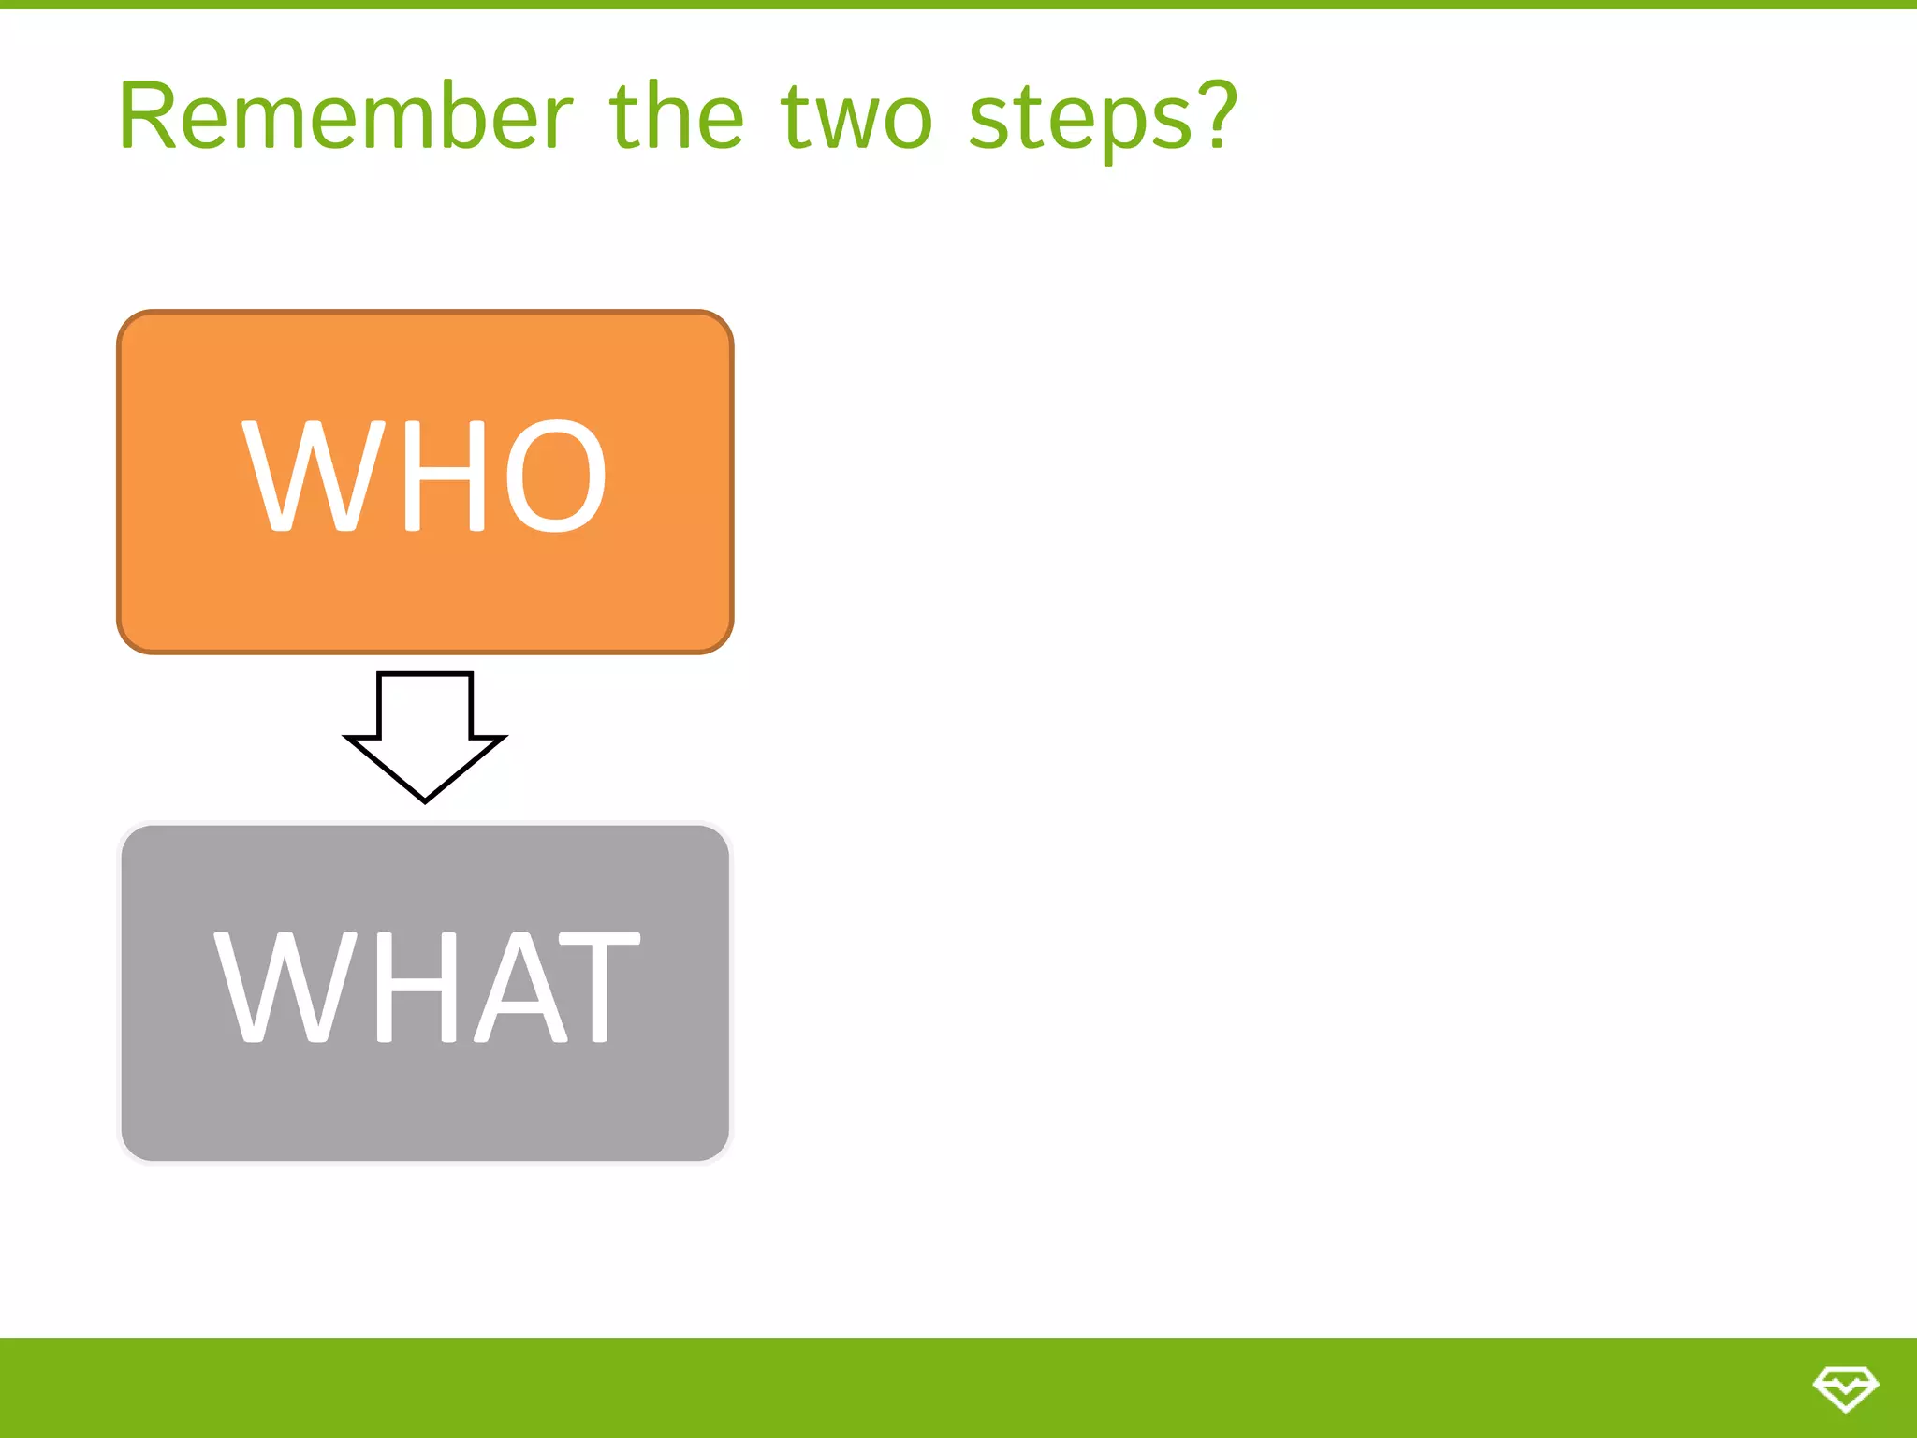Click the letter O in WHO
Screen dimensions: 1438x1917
(x=556, y=476)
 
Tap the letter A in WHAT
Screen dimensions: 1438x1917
(x=520, y=987)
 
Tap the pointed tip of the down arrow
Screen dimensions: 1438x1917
(x=425, y=798)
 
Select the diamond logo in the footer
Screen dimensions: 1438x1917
(x=1844, y=1388)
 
